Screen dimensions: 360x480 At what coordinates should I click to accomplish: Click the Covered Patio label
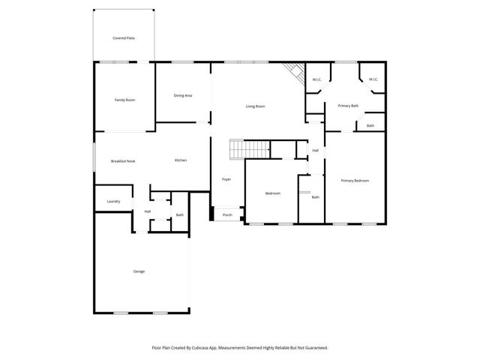point(124,37)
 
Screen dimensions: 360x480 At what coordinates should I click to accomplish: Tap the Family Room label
point(124,100)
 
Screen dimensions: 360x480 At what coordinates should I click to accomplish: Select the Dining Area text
point(183,95)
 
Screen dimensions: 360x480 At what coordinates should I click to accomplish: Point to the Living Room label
point(255,106)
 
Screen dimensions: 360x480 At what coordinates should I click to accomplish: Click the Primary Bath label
point(347,106)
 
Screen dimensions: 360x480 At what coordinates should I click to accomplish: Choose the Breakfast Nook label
point(122,160)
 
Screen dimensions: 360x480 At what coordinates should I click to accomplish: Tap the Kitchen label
point(181,160)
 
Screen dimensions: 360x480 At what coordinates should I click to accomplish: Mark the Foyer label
point(226,179)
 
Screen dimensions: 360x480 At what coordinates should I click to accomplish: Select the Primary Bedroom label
point(355,181)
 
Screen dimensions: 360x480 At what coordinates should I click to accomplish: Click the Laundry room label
point(113,201)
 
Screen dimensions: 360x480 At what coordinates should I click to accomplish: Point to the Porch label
point(226,215)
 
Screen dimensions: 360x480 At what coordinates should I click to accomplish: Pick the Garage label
point(139,271)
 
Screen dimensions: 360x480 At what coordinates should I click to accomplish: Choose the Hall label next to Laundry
point(147,211)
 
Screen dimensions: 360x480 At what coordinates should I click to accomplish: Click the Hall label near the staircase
point(315,151)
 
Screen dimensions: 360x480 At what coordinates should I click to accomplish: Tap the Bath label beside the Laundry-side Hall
point(179,215)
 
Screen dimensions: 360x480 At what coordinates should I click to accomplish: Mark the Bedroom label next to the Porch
point(272,193)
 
